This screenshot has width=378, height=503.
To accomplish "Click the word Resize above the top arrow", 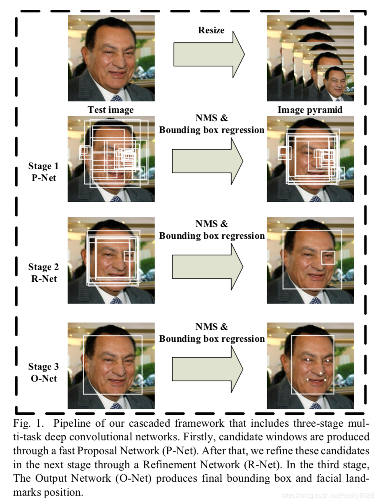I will (211, 30).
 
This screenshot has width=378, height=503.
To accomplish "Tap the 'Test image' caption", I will (111, 110).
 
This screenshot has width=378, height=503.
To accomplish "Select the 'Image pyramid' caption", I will (310, 110).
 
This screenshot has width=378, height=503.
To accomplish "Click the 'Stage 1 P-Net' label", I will (44, 172).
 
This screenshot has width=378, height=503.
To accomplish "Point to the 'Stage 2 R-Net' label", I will (44, 273).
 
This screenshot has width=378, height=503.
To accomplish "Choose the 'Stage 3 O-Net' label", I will (44, 373).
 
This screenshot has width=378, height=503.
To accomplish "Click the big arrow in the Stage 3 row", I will (207, 368).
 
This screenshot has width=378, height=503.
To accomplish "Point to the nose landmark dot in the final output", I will (321, 373).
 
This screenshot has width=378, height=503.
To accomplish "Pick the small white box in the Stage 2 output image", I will (328, 257).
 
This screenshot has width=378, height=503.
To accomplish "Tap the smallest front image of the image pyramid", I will (335, 84).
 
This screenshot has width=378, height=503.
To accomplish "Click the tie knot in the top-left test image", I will (116, 98).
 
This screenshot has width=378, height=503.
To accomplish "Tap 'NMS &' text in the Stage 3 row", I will (212, 327).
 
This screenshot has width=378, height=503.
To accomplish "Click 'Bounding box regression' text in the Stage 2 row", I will (212, 236).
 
